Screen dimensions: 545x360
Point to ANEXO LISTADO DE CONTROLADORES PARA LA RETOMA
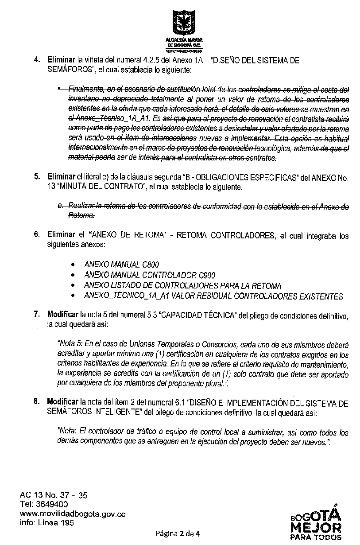tap(182, 286)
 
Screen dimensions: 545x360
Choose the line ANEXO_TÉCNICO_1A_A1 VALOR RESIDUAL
tap(213, 296)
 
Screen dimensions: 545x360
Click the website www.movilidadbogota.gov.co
tap(73, 514)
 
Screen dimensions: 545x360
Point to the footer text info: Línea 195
tap(46, 522)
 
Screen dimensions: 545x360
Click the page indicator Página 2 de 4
tap(177, 533)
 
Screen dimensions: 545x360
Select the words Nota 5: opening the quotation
tap(70, 343)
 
